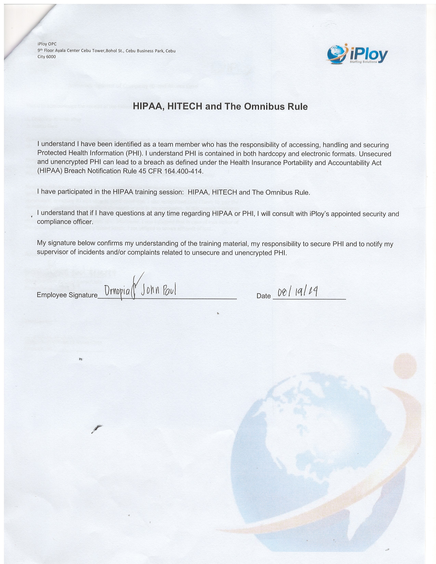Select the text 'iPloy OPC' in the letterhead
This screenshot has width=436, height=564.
pos(47,44)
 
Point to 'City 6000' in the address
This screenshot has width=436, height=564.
pos(47,57)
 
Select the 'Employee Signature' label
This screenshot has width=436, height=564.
pos(67,295)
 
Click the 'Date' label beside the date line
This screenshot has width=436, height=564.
pos(263,296)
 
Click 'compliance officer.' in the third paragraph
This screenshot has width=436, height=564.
pos(65,222)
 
